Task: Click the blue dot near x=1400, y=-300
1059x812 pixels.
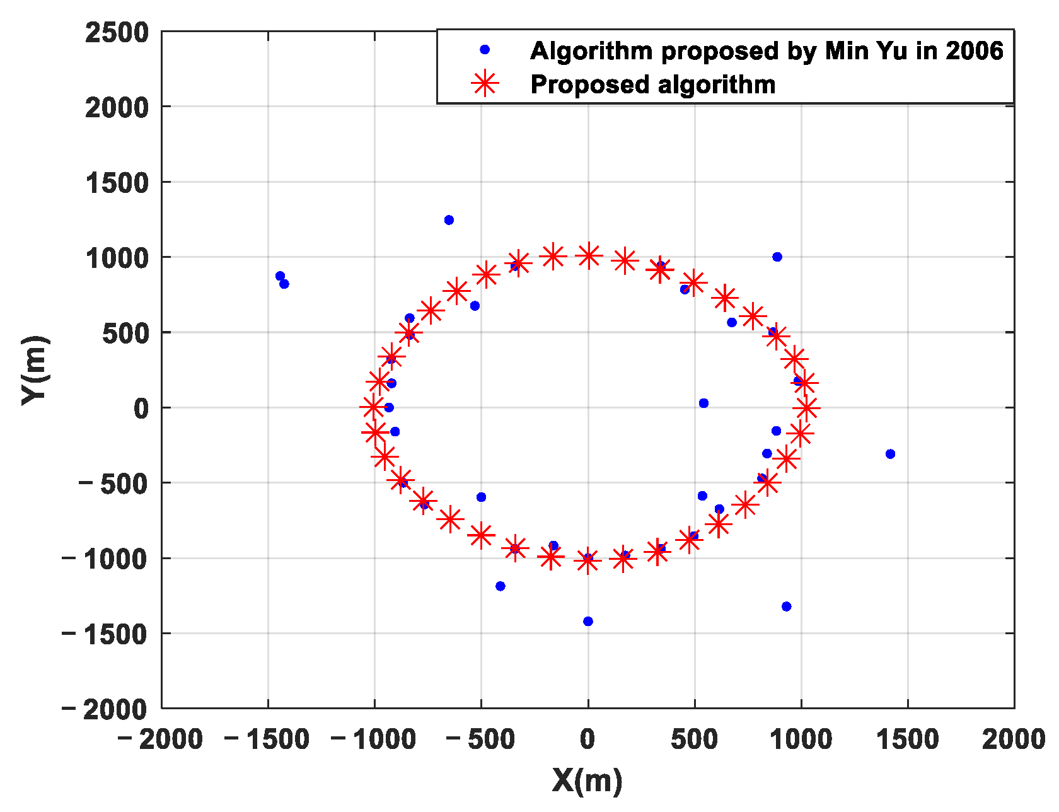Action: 890,454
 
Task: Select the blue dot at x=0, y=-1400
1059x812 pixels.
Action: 588,622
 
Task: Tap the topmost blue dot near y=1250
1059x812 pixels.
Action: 449,220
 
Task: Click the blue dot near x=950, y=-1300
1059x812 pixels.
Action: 786,606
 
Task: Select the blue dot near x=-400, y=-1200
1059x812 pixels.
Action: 501,586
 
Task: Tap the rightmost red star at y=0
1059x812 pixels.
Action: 806,407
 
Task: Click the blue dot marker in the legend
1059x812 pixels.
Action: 485,49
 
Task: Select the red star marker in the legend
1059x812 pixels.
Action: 485,83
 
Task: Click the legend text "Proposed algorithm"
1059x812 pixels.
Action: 652,84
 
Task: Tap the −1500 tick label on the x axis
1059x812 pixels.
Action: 267,739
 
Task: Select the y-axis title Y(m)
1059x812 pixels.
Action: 34,370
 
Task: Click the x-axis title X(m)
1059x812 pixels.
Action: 587,780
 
